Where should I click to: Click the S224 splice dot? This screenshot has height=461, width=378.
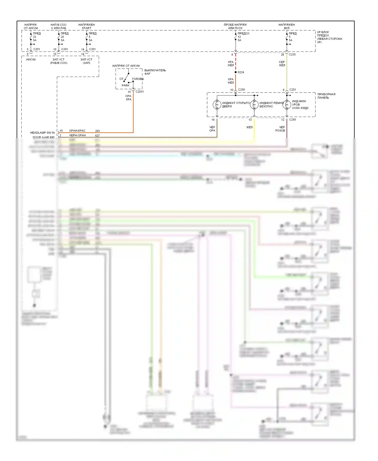coord(236,72)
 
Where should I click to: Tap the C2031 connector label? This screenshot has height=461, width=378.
coord(140,92)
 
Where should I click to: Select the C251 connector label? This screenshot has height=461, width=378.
coord(293,90)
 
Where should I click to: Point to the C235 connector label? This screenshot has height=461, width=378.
coord(292,54)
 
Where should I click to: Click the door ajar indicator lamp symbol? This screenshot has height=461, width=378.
coord(217,104)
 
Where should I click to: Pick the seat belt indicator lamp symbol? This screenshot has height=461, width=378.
coord(254,104)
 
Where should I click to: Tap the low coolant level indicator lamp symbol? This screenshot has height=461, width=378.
coord(287,104)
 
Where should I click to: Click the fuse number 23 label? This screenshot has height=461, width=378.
coord(35,37)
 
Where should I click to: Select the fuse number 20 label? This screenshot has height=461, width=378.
coord(62,37)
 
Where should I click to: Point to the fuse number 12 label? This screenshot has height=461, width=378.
coord(239,37)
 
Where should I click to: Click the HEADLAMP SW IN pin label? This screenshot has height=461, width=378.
coord(42,133)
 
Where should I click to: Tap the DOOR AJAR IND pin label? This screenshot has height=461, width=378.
coord(44,137)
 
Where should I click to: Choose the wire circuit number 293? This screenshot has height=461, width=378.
coord(98,131)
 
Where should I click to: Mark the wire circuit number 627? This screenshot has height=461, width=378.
coord(98,136)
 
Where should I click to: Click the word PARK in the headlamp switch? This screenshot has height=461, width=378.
coord(125,85)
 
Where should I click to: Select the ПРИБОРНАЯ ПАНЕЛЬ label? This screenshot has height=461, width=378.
coord(326,96)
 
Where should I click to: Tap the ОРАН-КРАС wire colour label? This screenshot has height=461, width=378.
coord(77,131)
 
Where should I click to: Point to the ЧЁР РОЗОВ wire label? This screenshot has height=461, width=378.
coord(280,129)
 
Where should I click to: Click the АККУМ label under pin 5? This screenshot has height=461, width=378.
coord(31,60)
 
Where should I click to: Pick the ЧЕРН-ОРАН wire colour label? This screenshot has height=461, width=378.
coord(77,135)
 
